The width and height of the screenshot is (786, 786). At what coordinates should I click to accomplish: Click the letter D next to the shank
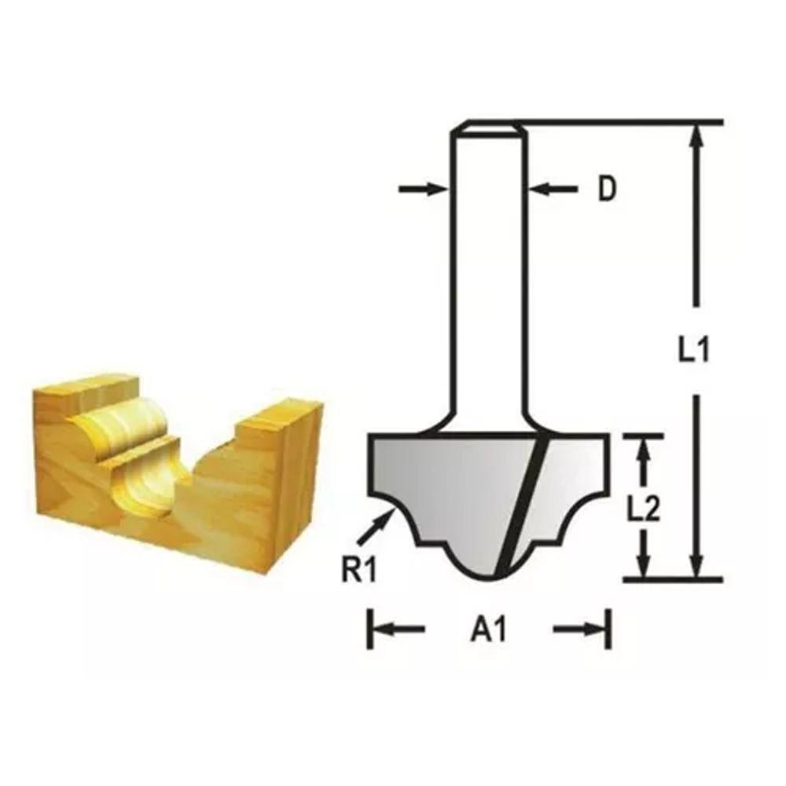[x=605, y=189]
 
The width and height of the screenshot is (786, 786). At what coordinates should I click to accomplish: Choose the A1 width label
[x=488, y=630]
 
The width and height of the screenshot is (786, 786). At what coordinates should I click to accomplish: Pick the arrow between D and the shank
[x=553, y=189]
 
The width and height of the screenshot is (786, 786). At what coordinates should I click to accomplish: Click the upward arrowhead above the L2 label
[x=645, y=454]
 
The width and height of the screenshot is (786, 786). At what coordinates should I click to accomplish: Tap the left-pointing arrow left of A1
[x=397, y=629]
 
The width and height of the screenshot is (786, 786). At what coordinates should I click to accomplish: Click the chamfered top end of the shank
[x=487, y=126]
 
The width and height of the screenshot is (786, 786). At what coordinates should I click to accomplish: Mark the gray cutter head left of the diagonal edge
[x=448, y=479]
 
